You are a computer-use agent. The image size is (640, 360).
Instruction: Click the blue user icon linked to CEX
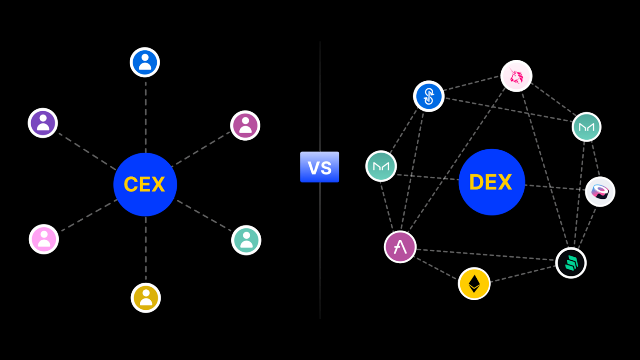point(145,62)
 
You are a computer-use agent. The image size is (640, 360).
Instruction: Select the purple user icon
point(43,123)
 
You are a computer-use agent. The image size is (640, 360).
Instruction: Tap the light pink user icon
point(44,239)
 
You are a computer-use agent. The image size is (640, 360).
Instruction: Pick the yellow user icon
point(146,297)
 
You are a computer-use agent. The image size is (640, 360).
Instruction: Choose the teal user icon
point(246,240)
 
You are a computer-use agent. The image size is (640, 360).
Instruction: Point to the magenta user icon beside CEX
point(245,125)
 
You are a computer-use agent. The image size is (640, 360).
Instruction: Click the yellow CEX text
point(144,184)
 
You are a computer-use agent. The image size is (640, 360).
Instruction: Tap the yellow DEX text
point(490,182)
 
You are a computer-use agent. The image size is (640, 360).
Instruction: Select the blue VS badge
point(320,167)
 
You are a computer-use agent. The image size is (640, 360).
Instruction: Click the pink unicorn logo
point(516,76)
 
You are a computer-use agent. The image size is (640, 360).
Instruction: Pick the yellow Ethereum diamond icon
point(474,283)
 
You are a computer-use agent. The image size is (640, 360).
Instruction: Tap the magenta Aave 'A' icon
point(400,247)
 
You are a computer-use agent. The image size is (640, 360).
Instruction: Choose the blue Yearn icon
point(428,96)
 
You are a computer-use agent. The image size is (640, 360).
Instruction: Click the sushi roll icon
point(600,192)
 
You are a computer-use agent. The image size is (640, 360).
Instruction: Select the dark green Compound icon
point(571,263)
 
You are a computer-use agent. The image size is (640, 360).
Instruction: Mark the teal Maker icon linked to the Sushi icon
point(586,127)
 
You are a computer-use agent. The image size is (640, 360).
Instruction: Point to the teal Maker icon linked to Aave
point(381,166)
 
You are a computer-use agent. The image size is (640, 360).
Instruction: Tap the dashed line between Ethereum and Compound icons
point(523,274)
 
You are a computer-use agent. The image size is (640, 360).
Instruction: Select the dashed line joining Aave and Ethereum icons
point(436,269)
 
